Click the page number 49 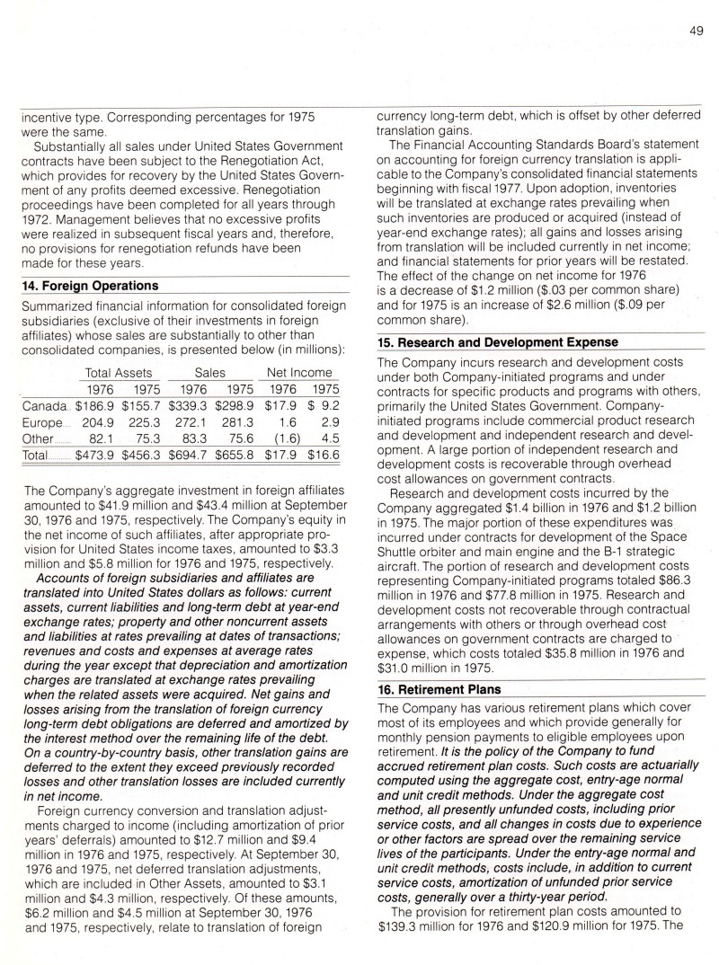pos(696,31)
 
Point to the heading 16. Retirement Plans pos(439,689)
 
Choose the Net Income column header pos(299,372)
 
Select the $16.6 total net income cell pos(322,456)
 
